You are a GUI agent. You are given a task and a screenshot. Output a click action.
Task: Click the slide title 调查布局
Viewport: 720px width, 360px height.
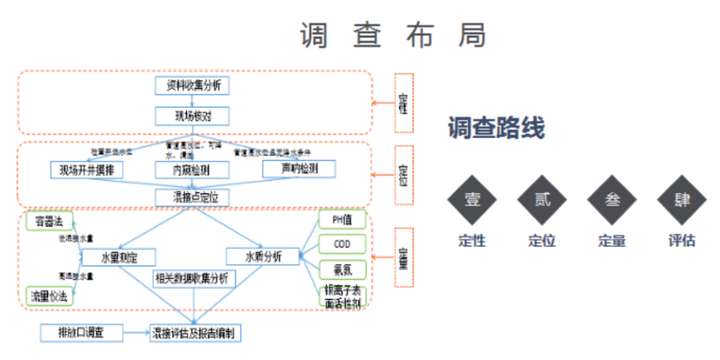coord(392,35)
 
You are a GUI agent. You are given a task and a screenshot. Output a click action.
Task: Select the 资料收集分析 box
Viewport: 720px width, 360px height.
coord(192,86)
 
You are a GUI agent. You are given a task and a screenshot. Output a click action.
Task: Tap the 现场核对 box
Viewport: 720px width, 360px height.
coord(192,115)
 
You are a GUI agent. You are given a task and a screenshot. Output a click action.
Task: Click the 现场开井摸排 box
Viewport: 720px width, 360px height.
coord(87,170)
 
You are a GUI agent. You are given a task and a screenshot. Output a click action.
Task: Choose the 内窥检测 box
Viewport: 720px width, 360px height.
coord(192,170)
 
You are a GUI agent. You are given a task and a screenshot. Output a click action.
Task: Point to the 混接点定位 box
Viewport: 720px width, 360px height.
coord(192,196)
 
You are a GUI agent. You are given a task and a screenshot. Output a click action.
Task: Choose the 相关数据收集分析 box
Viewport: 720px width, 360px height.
coord(192,278)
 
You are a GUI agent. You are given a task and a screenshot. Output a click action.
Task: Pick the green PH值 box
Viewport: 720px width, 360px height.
coord(342,219)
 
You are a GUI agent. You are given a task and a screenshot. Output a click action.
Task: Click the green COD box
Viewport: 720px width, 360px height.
coord(342,244)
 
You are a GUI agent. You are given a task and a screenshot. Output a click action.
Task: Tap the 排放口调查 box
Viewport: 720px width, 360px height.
coord(81,333)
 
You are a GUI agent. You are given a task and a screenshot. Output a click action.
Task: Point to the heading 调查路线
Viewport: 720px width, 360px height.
coord(496,129)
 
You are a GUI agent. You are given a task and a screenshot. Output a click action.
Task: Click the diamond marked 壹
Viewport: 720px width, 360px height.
coord(472,199)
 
